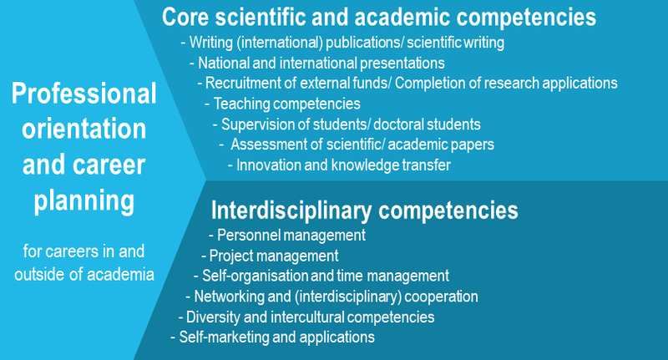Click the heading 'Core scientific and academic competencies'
[379, 18]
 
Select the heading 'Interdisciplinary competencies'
[365, 210]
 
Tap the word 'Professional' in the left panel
[84, 94]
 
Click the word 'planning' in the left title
[84, 201]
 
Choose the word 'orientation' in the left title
[84, 129]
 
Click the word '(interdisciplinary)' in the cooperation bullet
[347, 297]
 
